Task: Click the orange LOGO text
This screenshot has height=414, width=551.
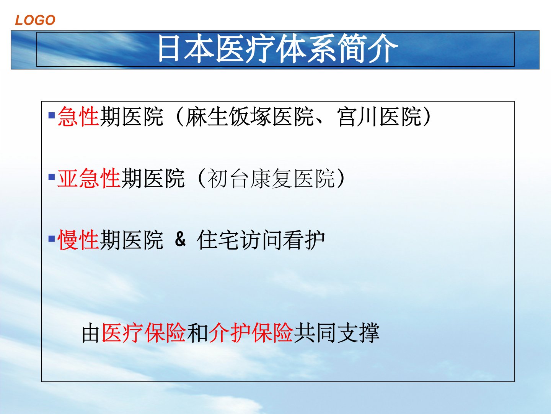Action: click(35, 20)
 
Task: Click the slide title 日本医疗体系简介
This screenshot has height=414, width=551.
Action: click(278, 49)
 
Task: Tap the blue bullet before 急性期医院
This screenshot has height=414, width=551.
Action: click(51, 115)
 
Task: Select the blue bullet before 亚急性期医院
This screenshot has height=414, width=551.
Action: click(51, 177)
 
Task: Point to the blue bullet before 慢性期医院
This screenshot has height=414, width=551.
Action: click(51, 238)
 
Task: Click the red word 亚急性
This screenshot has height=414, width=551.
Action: click(89, 178)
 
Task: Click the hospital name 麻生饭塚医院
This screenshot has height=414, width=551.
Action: click(249, 117)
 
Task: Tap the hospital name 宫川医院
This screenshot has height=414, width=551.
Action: click(379, 117)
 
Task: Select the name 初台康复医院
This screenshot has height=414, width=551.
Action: click(271, 178)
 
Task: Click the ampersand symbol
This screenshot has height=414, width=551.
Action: click(180, 239)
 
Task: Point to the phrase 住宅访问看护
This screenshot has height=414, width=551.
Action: click(261, 240)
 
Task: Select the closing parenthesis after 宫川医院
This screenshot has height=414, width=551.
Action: click(426, 117)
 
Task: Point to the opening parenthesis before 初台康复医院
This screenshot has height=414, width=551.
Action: click(202, 178)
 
